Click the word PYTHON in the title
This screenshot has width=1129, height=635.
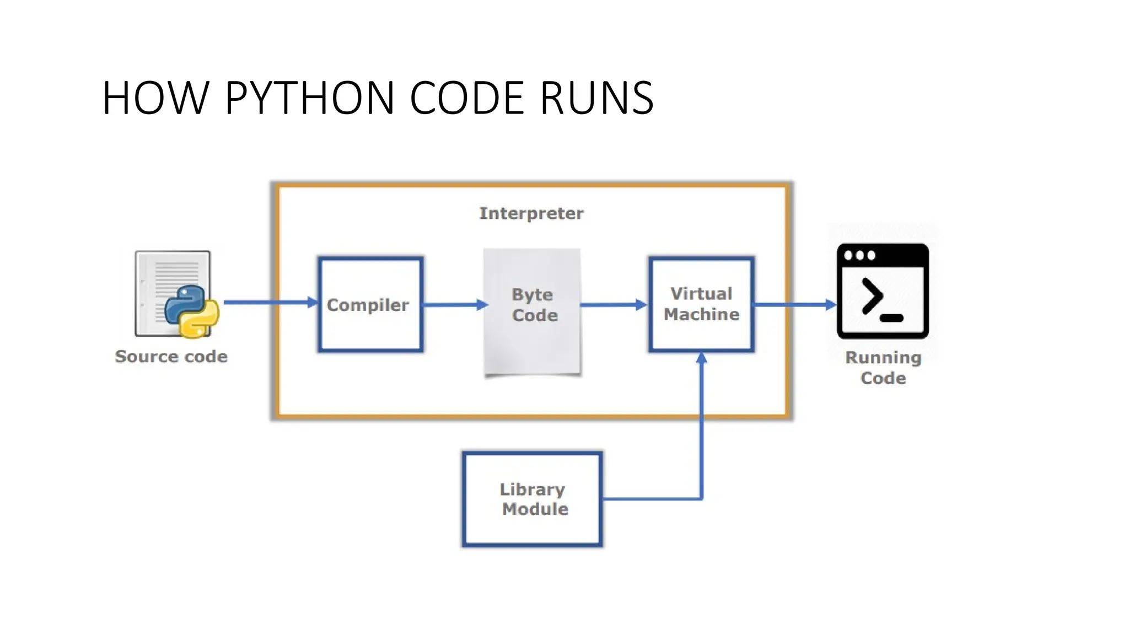[x=309, y=98]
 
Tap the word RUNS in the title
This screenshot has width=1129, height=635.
[x=596, y=98]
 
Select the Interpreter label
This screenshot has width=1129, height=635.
[x=531, y=213]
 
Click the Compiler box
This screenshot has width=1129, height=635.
[x=370, y=304]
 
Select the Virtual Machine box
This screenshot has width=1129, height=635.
[x=701, y=304]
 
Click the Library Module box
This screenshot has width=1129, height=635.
[x=532, y=499]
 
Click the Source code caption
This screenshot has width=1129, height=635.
[x=171, y=357]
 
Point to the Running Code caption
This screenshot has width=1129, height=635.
[x=883, y=368]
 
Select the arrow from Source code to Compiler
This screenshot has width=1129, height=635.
[x=270, y=302]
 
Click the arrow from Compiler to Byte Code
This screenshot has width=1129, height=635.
[x=455, y=304]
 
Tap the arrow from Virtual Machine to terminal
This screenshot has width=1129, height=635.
[x=794, y=304]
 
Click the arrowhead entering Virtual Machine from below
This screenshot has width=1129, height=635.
[x=701, y=358]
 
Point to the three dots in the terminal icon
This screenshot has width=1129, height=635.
[x=859, y=255]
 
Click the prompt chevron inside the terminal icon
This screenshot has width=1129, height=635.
[x=873, y=296]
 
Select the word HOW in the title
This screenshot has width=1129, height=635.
[x=155, y=98]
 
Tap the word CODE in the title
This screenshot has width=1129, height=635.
[x=466, y=98]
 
